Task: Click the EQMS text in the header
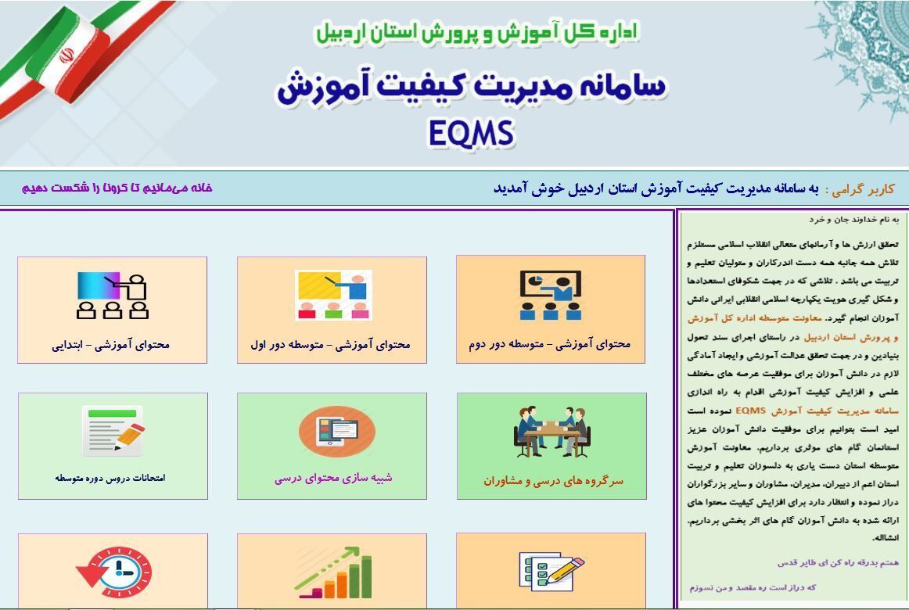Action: point(471,133)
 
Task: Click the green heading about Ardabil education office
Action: point(476,32)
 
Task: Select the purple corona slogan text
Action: point(117,188)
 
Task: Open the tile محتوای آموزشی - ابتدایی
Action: point(111,345)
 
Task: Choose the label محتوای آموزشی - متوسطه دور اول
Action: point(330,345)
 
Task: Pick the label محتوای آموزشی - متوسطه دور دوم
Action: point(550,344)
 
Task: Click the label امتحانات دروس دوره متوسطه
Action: point(110,478)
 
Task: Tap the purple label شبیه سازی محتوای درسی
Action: point(333,478)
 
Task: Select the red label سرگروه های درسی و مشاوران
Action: point(554,481)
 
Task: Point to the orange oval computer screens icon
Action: point(337,432)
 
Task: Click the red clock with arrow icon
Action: point(114,572)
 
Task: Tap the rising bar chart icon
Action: point(332,572)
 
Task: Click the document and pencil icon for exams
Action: point(113,430)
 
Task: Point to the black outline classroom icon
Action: point(113,296)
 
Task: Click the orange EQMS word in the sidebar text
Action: point(751,411)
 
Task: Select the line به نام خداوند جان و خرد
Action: point(854,220)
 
